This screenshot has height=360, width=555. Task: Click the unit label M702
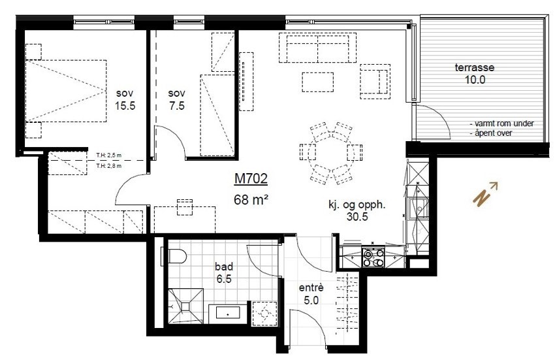[x=251, y=178]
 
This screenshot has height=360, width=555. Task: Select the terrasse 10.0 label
[x=474, y=74]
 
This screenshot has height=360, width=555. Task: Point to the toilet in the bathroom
[x=175, y=255]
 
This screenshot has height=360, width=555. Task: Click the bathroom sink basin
[x=228, y=312]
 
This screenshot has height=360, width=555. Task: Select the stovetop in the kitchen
[x=373, y=258]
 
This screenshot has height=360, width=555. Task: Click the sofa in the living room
[x=317, y=47]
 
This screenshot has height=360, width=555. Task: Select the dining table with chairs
[x=330, y=153]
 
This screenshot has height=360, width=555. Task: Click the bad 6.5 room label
[x=225, y=272]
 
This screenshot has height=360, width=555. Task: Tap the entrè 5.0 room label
[x=309, y=294]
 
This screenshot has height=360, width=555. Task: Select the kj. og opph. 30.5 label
[x=357, y=211]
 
